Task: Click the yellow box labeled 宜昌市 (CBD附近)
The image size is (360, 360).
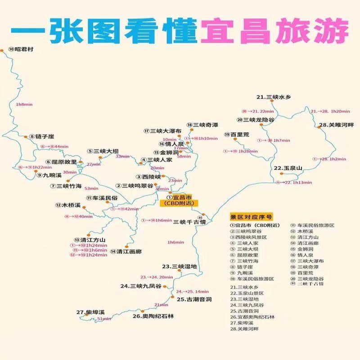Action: [x=179, y=200]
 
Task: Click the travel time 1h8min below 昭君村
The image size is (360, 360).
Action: [x=24, y=104]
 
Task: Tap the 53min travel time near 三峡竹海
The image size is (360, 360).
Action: [x=91, y=188]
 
